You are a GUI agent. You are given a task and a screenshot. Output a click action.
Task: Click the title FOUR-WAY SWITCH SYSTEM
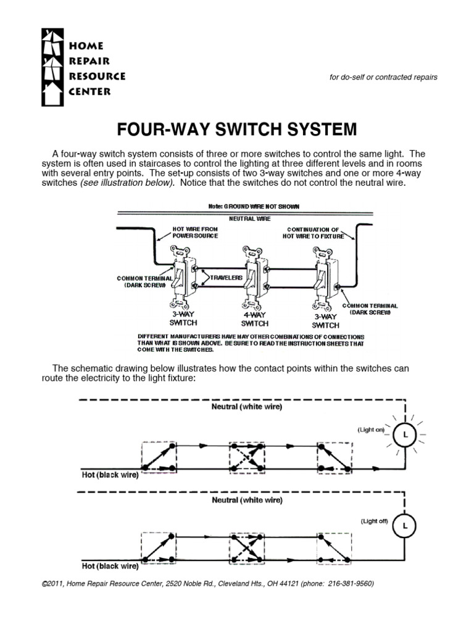[x=237, y=130]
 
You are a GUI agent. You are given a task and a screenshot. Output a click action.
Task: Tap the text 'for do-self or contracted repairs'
[x=385, y=77]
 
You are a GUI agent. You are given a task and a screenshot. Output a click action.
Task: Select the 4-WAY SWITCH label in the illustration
[x=254, y=318]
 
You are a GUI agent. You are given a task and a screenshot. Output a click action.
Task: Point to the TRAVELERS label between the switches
[x=225, y=278]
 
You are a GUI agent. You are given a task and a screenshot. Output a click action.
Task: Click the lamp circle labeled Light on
[x=405, y=436]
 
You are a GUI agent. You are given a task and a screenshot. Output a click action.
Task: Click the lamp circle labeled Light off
[x=405, y=526]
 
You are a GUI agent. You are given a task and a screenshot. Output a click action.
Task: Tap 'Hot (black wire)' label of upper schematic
[x=110, y=475]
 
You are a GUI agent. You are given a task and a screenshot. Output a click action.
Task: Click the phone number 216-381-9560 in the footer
[x=351, y=583]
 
